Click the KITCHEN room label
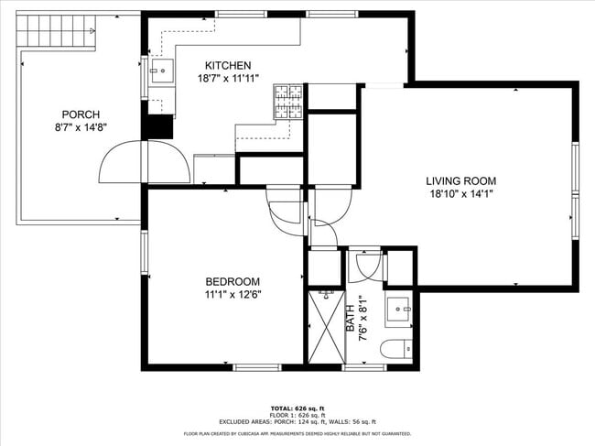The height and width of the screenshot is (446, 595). pos(227,65)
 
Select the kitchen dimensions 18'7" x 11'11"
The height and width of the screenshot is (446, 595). pos(227,79)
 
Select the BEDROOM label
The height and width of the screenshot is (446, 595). pos(233,281)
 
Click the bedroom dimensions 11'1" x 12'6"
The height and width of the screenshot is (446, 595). pos(233,294)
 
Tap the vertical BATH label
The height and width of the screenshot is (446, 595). pos(350,319)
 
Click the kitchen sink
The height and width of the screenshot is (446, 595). pos(163,70)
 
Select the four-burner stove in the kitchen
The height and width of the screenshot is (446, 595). pos(288,102)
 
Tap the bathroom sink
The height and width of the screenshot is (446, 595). pos(398,310)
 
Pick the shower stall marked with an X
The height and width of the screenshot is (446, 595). pos(325,329)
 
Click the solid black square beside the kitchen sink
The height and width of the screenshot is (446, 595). pos(158,126)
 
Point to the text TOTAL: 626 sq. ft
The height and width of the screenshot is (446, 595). pos(297,408)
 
